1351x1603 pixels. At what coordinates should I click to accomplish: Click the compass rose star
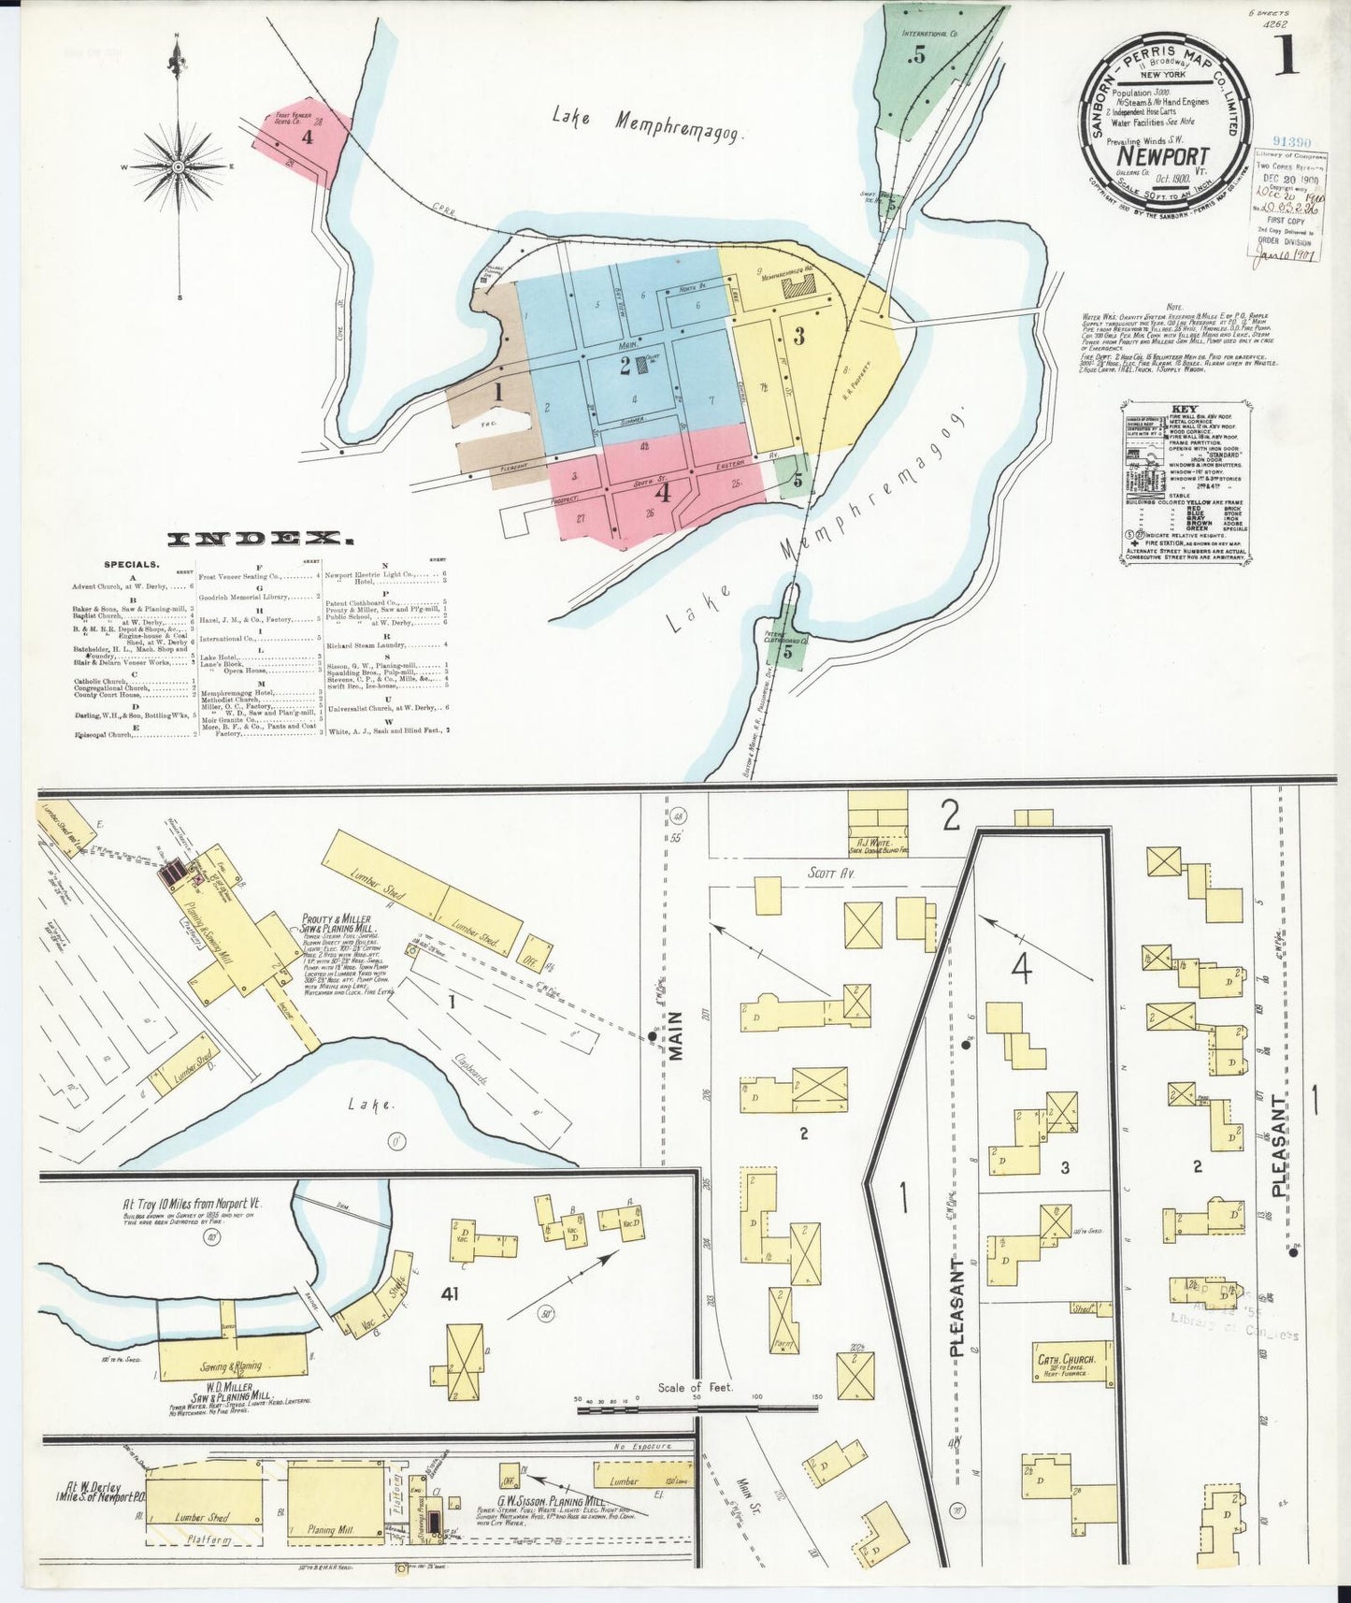point(179,167)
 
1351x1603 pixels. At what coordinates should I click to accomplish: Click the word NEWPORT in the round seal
point(1163,155)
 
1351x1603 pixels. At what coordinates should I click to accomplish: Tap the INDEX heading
point(261,538)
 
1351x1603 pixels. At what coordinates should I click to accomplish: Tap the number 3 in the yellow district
point(798,336)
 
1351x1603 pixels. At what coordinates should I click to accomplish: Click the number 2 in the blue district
point(625,366)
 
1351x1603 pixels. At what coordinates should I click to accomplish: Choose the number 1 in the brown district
point(498,393)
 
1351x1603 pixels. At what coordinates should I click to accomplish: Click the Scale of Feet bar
point(697,1408)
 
